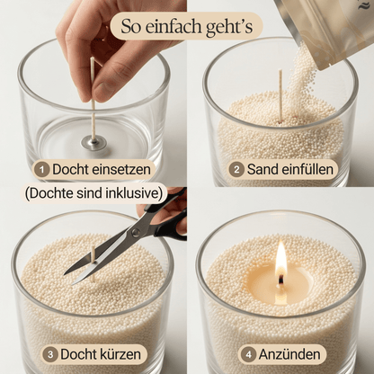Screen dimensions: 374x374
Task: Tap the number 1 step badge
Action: (x=42, y=168)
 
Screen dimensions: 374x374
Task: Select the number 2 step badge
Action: (x=237, y=168)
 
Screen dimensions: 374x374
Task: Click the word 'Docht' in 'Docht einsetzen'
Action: (x=72, y=168)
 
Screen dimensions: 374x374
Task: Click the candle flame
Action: (x=281, y=260)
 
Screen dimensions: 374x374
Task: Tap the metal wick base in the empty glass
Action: (x=93, y=141)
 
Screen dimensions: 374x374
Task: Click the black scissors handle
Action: (x=166, y=220)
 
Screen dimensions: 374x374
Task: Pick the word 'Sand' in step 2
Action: (x=265, y=168)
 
